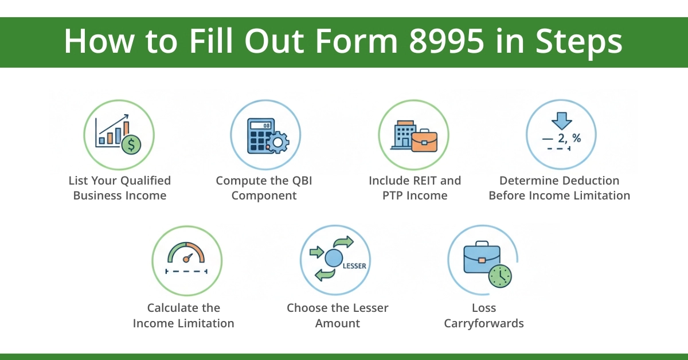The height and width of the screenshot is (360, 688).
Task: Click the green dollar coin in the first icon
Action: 131,145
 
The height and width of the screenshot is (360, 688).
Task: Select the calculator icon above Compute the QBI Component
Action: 260,137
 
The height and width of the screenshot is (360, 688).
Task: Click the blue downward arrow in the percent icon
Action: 561,120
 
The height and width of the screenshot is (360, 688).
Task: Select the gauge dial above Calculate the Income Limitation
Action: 186,254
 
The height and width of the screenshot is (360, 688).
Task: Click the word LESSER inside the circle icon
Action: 354,266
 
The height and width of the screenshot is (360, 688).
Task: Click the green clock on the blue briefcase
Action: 500,276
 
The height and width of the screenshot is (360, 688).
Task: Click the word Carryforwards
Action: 484,323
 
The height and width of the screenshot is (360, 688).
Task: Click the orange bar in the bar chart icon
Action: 126,130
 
